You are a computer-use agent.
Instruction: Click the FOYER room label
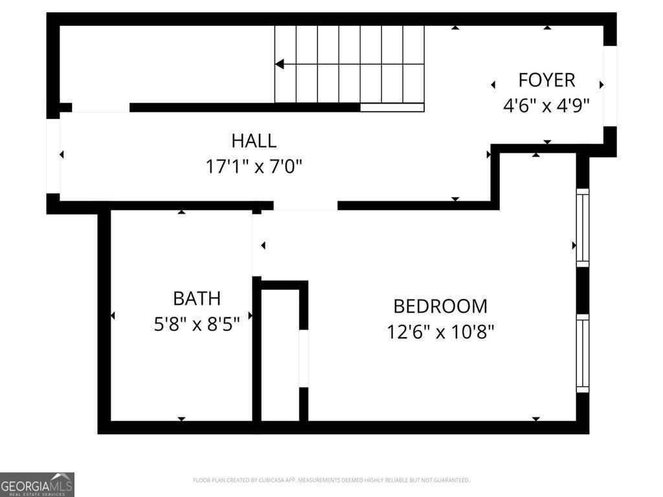click(546, 80)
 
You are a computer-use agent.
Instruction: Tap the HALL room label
click(254, 140)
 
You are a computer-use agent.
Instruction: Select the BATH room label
click(196, 298)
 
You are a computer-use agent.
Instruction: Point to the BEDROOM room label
click(440, 306)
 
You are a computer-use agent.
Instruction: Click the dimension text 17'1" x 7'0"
click(254, 167)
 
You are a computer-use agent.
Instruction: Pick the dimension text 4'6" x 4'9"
click(546, 105)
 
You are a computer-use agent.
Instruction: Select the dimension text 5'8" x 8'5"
click(196, 324)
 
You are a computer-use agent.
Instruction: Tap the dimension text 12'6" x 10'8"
click(440, 332)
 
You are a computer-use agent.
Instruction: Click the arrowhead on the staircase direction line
click(280, 64)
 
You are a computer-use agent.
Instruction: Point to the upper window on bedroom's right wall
click(583, 227)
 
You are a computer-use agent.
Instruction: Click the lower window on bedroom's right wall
click(583, 353)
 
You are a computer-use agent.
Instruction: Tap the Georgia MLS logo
click(37, 484)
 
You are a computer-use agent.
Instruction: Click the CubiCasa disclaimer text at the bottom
click(331, 480)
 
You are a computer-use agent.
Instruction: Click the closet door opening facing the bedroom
click(303, 359)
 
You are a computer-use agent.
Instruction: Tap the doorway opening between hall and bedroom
click(305, 206)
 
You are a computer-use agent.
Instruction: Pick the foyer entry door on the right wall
click(610, 86)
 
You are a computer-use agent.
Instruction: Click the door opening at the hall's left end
click(53, 156)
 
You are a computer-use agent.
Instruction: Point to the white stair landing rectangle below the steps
click(392, 107)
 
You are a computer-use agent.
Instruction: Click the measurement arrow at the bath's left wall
click(113, 316)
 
